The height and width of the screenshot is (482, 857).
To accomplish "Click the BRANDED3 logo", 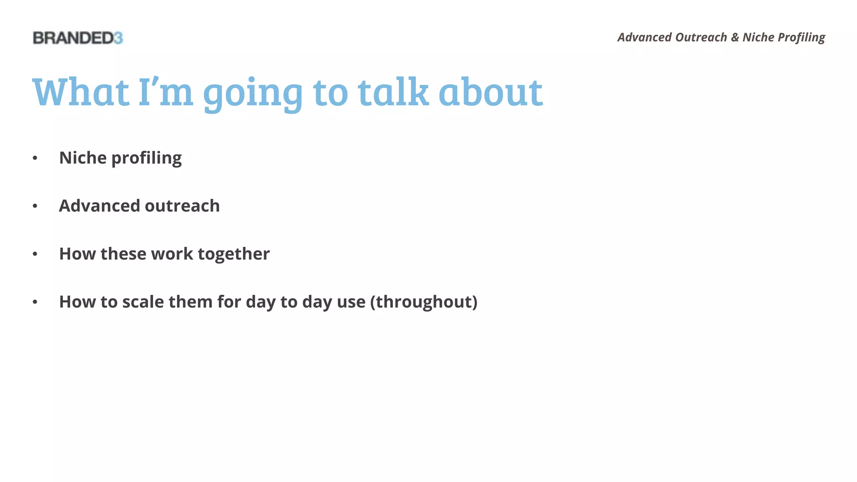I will click(78, 38).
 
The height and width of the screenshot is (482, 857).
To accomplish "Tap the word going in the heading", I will click(253, 94).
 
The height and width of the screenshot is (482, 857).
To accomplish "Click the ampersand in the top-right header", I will click(735, 38).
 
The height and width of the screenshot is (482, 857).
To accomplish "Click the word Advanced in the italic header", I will click(644, 38).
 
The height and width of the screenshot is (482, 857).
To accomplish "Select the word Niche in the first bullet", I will click(83, 158).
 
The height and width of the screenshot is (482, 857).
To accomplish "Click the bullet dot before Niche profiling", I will click(35, 158).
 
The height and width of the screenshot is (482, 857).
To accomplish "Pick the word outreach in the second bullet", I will click(182, 206).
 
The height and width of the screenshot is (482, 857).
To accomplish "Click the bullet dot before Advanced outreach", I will click(35, 206).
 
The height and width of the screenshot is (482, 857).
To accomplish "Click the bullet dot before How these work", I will click(35, 254).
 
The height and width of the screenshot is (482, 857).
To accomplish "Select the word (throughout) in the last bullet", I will click(423, 302).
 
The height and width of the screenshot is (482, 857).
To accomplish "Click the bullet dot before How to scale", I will click(35, 302).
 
